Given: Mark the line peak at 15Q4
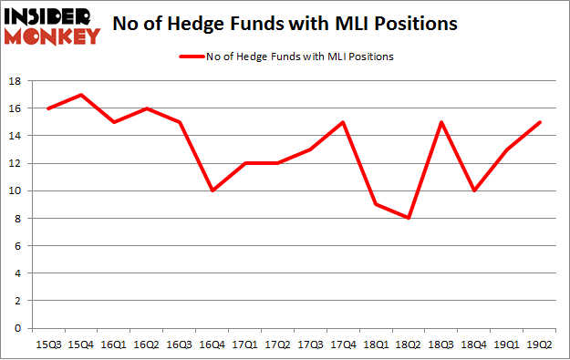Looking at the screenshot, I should [80, 95].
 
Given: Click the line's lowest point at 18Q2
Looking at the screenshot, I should [409, 218].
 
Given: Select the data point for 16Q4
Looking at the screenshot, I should [212, 190].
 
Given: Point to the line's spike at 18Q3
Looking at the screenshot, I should [441, 122].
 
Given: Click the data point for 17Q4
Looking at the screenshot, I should [343, 122].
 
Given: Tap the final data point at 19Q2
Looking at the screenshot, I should [540, 122].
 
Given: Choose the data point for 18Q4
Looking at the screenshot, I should [474, 190].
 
